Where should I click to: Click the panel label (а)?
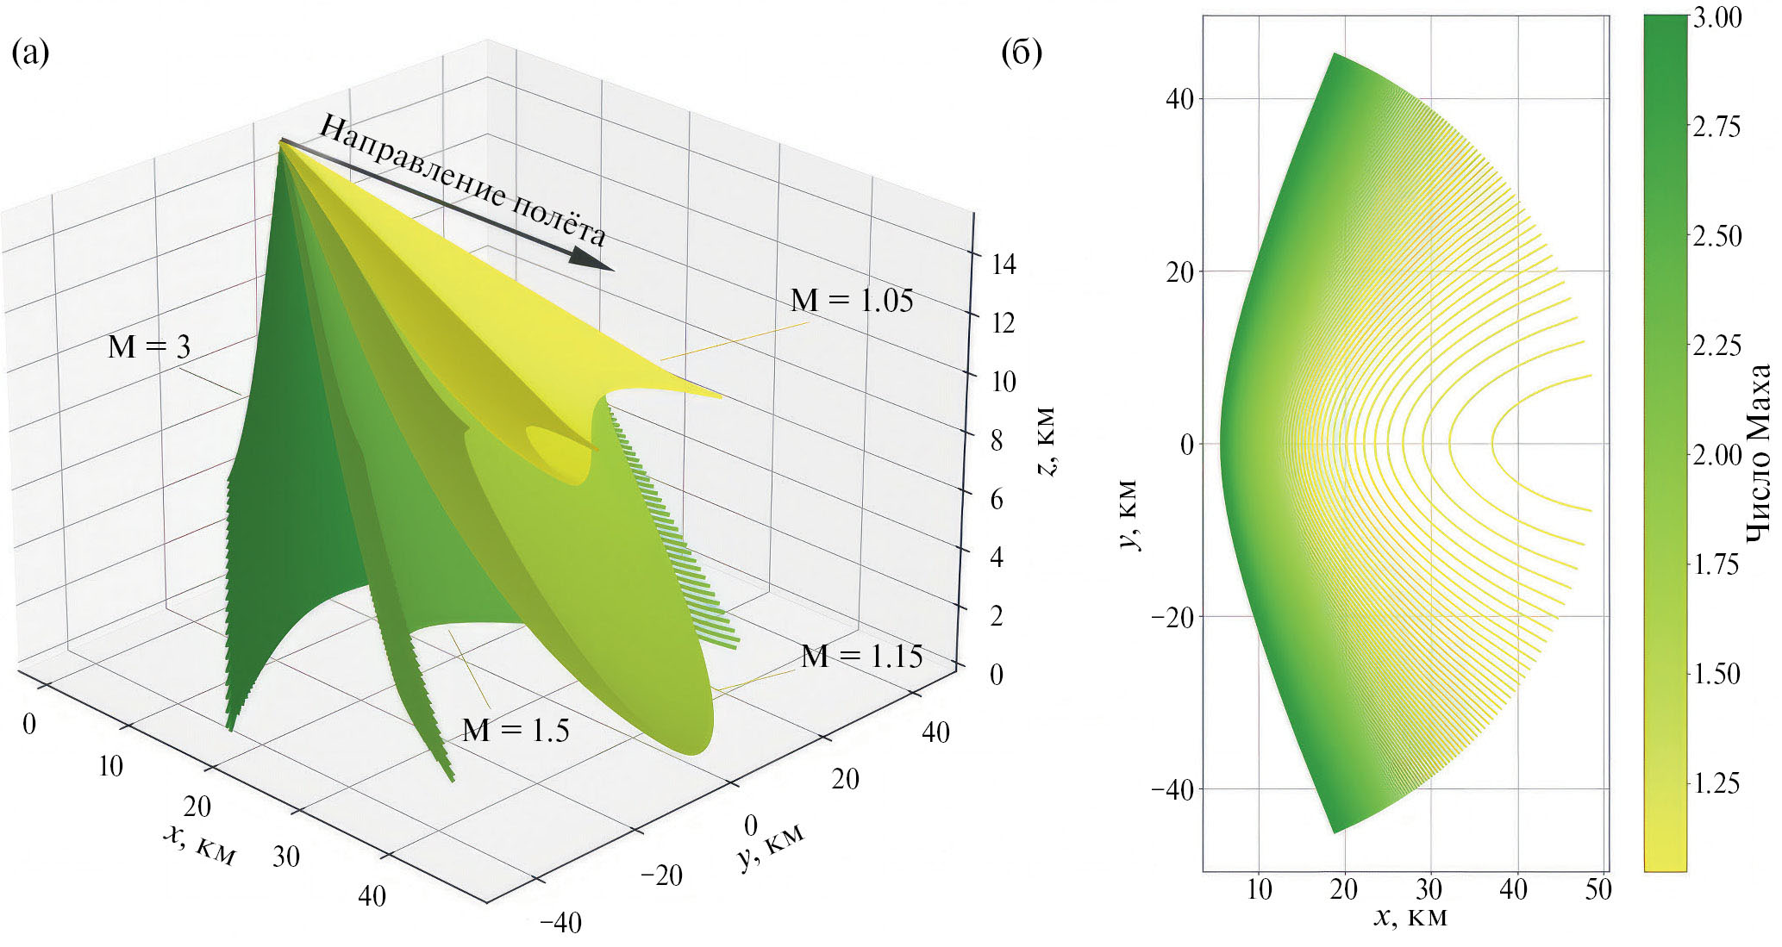click(x=30, y=53)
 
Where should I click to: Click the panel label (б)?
click(x=1022, y=53)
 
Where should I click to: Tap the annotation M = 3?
click(x=148, y=346)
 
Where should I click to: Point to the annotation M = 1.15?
click(x=861, y=657)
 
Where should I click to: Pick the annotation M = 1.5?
click(x=516, y=731)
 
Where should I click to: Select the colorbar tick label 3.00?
click(x=1716, y=18)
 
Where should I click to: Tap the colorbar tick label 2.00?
click(x=1716, y=455)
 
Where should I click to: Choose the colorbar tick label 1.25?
click(x=1716, y=783)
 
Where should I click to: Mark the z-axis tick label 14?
click(x=1003, y=265)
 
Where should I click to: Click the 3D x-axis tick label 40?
click(x=372, y=896)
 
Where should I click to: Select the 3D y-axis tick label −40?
click(x=560, y=923)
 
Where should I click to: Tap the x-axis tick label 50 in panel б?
click(x=1598, y=889)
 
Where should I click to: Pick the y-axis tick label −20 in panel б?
click(x=1174, y=617)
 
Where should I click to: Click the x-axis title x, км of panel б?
click(x=1410, y=917)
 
